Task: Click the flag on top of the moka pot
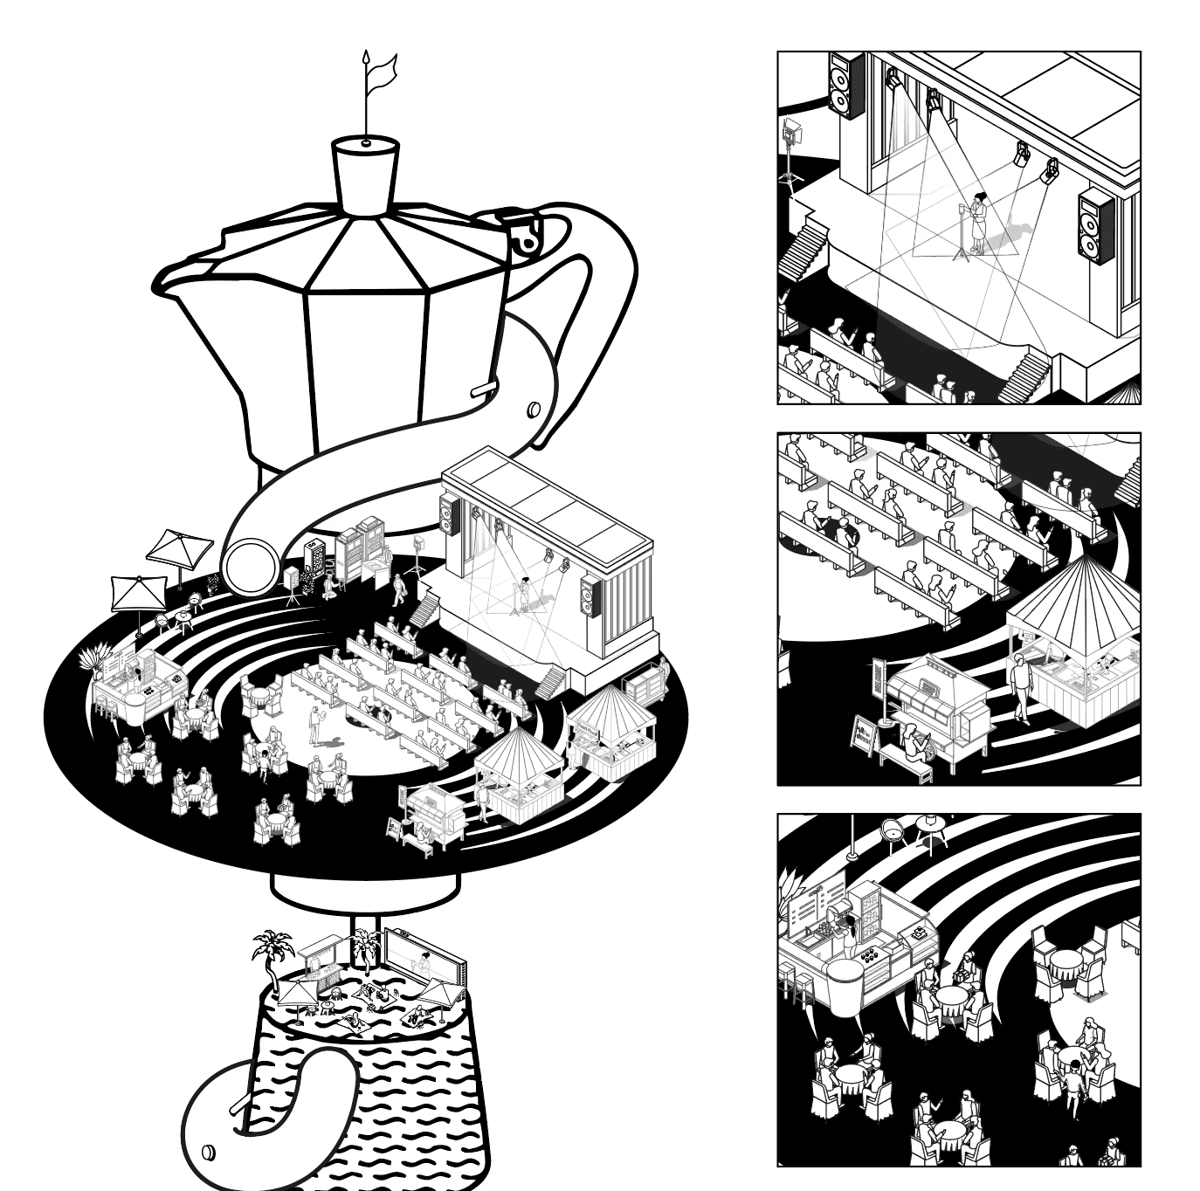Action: pos(382,70)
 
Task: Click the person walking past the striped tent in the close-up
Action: pos(1020,690)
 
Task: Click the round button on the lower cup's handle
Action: pos(208,1151)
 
